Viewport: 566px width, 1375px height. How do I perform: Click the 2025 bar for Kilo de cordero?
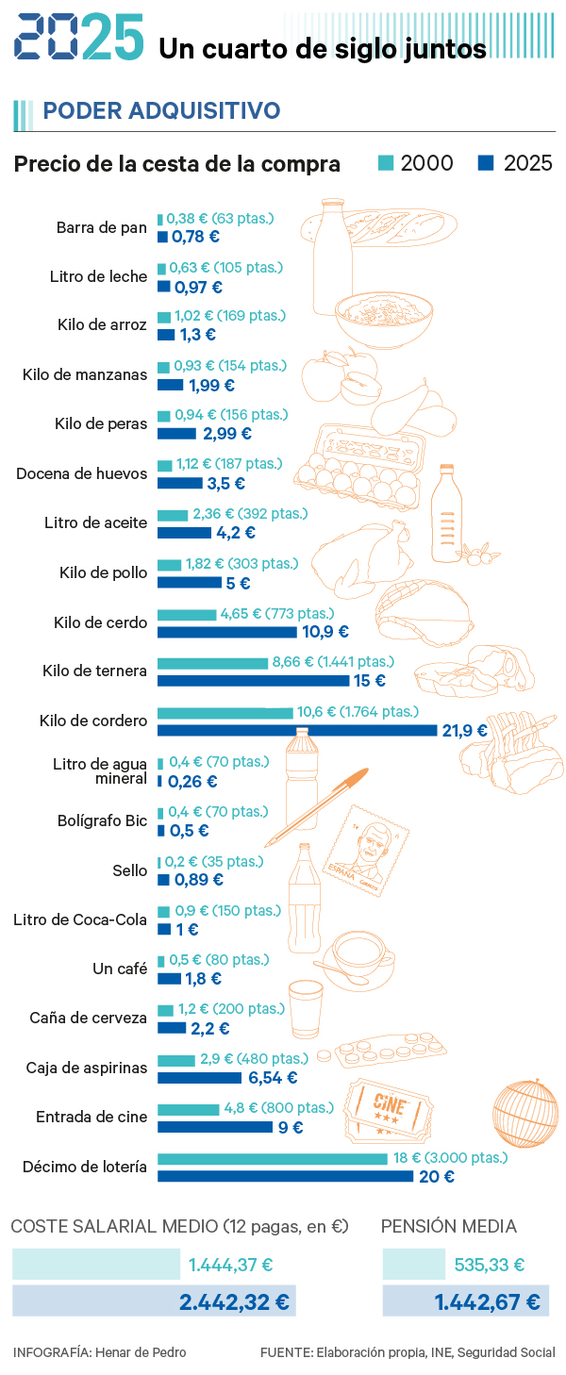[297, 730]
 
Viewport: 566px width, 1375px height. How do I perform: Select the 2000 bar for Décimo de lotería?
[272, 1158]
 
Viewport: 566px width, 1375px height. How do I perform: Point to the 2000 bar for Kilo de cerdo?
[186, 614]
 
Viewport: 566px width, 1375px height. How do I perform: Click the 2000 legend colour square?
[385, 163]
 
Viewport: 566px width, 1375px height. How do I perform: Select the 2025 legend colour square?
[487, 163]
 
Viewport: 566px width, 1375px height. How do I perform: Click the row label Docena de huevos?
[81, 473]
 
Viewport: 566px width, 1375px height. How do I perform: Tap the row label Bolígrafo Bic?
[102, 820]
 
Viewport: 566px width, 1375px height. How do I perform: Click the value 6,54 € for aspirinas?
[273, 1078]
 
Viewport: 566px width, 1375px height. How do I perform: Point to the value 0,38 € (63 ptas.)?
[220, 219]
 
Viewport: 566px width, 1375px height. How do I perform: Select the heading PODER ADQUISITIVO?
[161, 111]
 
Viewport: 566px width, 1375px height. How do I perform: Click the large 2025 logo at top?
[79, 38]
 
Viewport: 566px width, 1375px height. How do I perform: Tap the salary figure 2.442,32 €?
[234, 1302]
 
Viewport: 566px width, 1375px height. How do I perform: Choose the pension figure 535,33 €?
[489, 1265]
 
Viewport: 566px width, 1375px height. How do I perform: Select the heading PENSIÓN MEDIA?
[448, 1226]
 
